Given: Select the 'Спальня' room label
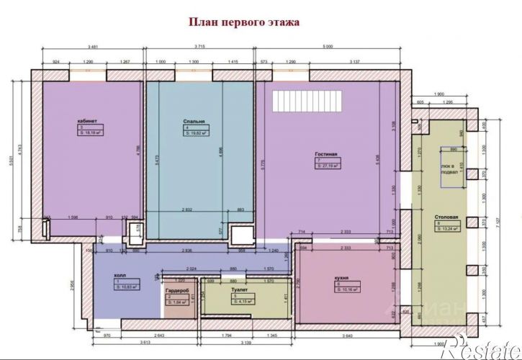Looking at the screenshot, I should (194, 122).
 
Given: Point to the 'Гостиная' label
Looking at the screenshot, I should (326, 154).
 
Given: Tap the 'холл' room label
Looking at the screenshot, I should (120, 274).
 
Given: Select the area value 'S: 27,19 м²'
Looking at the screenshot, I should (328, 166).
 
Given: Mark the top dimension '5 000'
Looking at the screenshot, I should (328, 48).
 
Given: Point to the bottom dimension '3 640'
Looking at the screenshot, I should (348, 335).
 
